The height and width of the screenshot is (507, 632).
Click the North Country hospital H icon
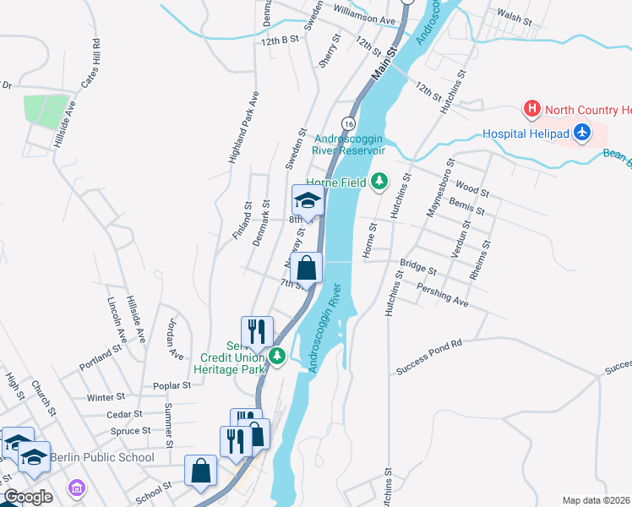pyautogui.click(x=531, y=109)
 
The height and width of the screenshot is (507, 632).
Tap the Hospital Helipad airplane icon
pyautogui.click(x=581, y=133)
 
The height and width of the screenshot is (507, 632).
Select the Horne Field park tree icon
pyautogui.click(x=379, y=181)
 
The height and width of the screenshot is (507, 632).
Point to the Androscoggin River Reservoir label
pyautogui.click(x=349, y=144)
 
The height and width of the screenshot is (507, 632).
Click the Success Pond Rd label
pyautogui.click(x=429, y=357)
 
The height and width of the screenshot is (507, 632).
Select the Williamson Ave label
pyautogui.click(x=364, y=19)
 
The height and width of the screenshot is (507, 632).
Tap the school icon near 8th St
pyautogui.click(x=308, y=200)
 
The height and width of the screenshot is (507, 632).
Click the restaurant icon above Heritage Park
pyautogui.click(x=257, y=331)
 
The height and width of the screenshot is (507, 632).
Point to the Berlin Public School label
pyautogui.click(x=102, y=457)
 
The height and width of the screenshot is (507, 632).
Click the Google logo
pyautogui.click(x=28, y=496)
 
